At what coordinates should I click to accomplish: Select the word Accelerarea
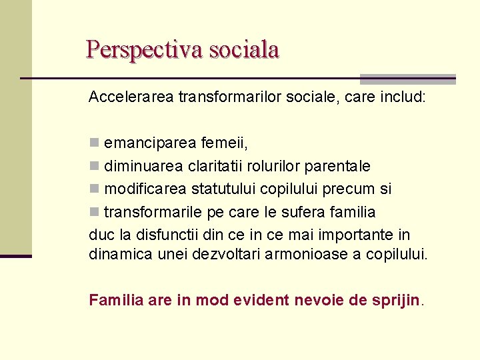pyautogui.click(x=131, y=97)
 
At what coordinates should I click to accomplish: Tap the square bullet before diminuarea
pyautogui.click(x=94, y=166)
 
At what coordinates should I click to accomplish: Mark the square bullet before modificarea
pyautogui.click(x=94, y=189)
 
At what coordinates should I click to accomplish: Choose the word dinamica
pyautogui.click(x=116, y=254)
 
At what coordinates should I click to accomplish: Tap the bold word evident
pyautogui.click(x=261, y=300)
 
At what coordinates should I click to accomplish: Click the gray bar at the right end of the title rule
pyautogui.click(x=407, y=79)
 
